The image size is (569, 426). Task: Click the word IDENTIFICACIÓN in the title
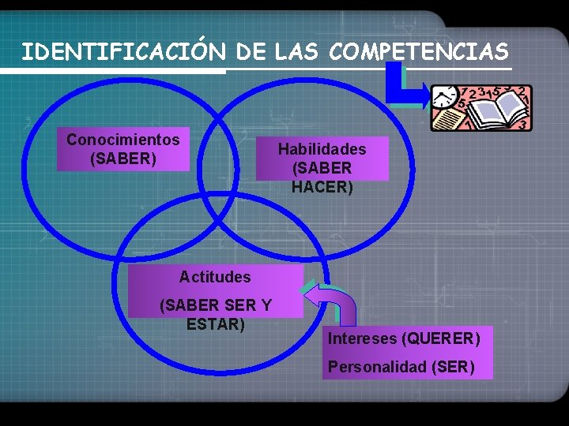pos(123,52)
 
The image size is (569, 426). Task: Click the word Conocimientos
pos(123,140)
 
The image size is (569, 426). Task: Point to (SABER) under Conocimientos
pos(123,159)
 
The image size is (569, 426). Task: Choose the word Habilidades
pos(322,148)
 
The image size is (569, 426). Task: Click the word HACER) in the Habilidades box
pos(322,188)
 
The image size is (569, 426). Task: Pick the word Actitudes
pos(215,277)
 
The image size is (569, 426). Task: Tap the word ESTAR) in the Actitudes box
pos(215,324)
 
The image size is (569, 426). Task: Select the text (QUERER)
pos(441,339)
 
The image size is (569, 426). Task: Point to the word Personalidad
pos(377,367)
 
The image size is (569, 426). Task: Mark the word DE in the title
pos(251,52)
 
